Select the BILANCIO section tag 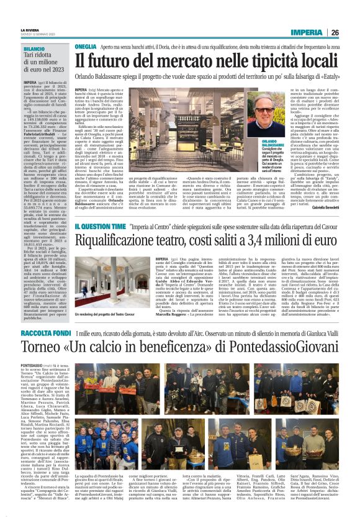[35, 48]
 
